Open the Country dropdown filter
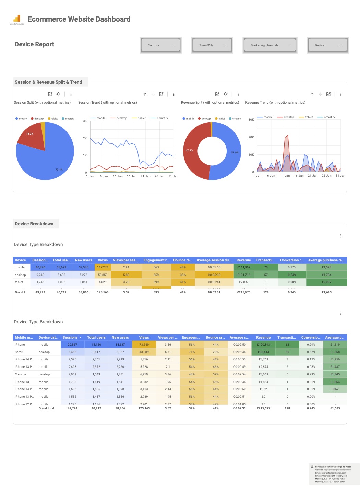point(160,45)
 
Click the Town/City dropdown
point(212,45)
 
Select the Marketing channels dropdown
point(269,45)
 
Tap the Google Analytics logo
point(17,20)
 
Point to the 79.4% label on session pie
point(59,170)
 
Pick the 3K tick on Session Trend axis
point(85,121)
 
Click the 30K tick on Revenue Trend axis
point(251,120)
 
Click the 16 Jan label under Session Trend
point(132,176)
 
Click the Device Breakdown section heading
point(34,224)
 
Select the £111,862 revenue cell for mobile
point(243,267)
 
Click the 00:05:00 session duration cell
point(214,275)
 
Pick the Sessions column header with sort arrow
point(72,337)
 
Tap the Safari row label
point(19,352)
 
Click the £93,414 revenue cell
point(263,352)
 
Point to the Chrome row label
point(20,374)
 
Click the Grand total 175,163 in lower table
point(144,408)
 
